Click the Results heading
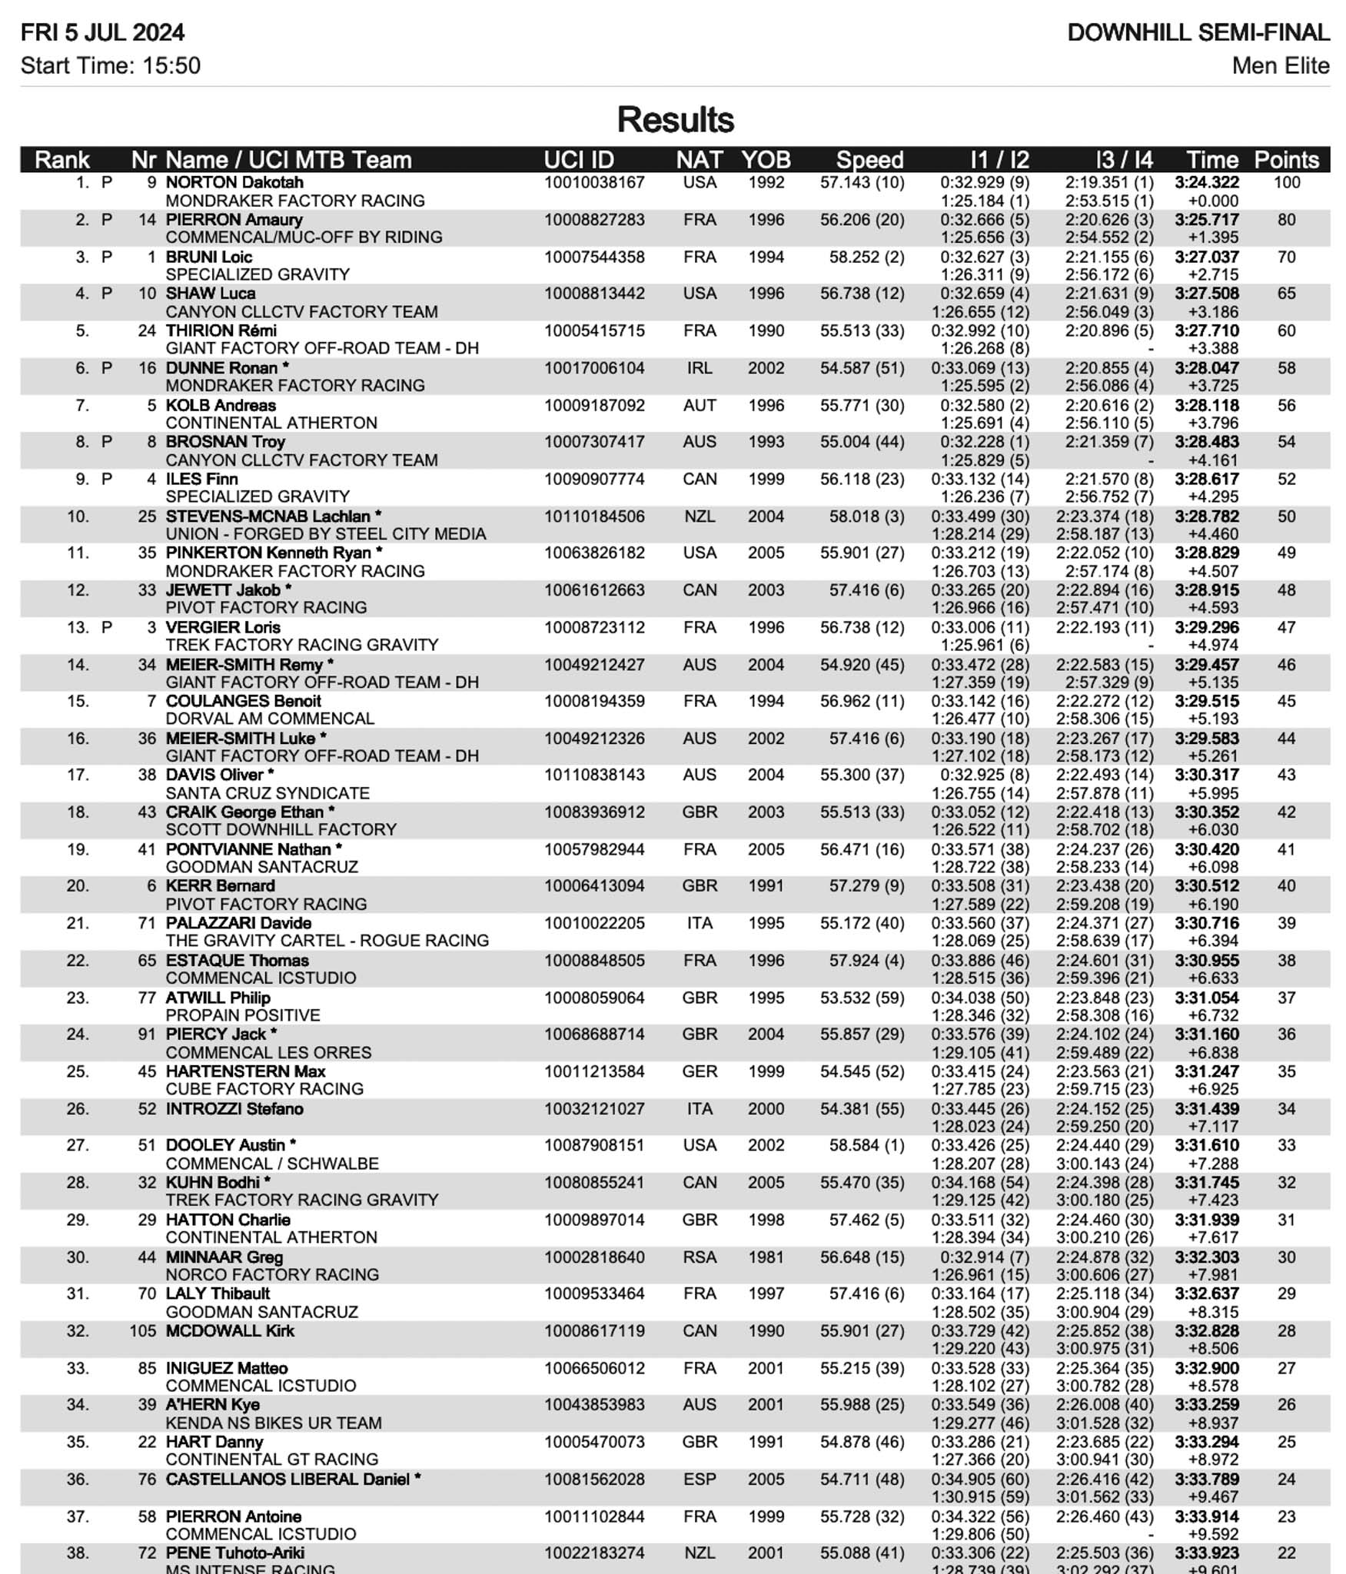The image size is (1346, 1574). pos(675,120)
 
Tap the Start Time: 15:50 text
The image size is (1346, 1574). pos(110,66)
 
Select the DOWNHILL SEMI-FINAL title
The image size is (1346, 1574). pos(1198,33)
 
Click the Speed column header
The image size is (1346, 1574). pos(869,160)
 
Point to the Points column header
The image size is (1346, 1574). pos(1286,160)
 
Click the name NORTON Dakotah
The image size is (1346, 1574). pos(234,183)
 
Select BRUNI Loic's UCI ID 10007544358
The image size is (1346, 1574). pos(594,257)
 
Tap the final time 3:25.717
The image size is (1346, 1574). pos(1206,220)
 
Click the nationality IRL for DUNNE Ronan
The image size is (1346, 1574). pos(699,368)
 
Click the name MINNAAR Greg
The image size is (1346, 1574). pos(224,1257)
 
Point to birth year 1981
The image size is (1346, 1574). pos(766,1257)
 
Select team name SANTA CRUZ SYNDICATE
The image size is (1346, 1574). pos(268,793)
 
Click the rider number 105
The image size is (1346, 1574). pos(143,1331)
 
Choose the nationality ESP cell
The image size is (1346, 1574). pos(699,1479)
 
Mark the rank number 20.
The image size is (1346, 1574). pos(78,886)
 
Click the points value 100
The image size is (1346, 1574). pos(1286,183)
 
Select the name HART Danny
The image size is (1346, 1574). pos(214,1443)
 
